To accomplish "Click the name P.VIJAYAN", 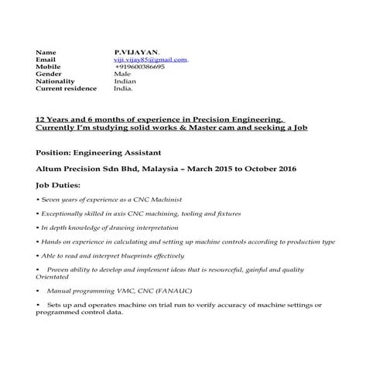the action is point(136,52).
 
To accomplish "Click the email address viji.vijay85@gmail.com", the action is point(151,59).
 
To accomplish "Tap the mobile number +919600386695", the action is point(139,67).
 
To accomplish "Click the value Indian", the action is point(125,81).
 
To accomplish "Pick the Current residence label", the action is point(67,88).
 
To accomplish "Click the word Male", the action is point(122,74).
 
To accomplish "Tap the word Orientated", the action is point(53,276).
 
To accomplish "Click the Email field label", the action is point(46,59).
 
